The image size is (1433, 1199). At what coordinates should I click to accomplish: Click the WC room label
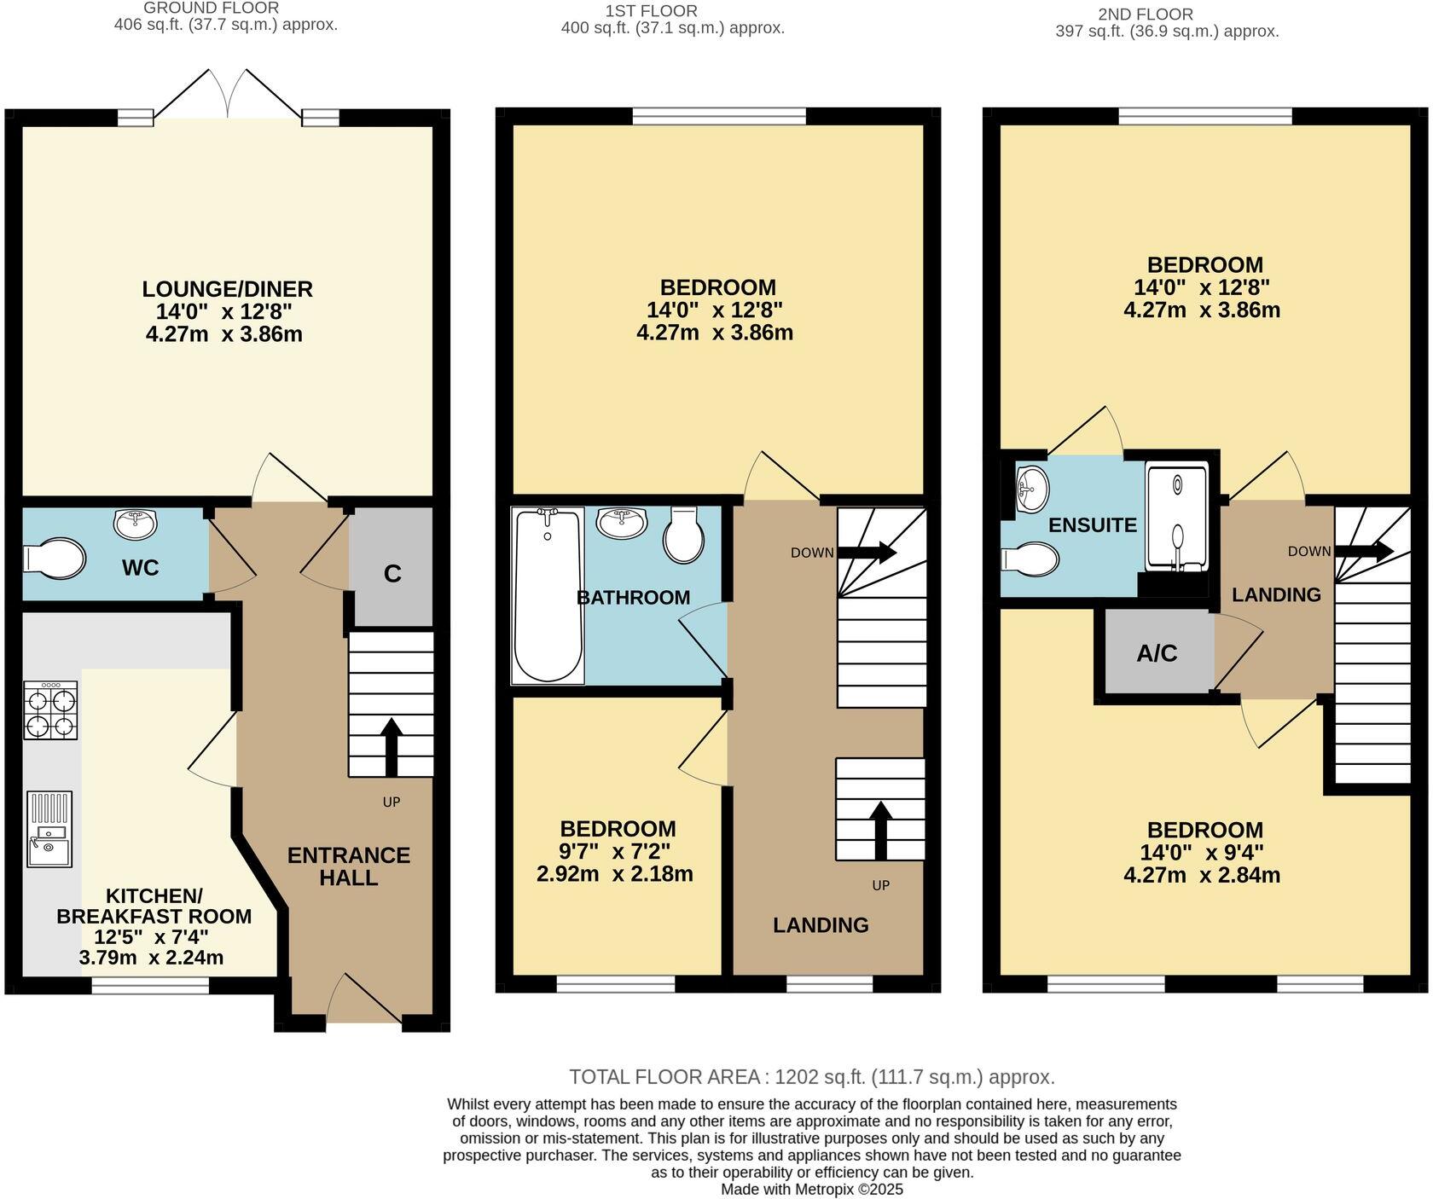tap(140, 568)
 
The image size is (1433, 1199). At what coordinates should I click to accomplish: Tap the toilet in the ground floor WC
tap(55, 559)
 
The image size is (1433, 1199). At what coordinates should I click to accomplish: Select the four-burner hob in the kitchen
tap(51, 710)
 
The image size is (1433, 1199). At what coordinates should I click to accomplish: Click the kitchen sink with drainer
tap(49, 829)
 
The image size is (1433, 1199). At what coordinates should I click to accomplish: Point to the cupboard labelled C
tap(392, 574)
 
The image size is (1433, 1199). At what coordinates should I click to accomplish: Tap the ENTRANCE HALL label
tap(348, 866)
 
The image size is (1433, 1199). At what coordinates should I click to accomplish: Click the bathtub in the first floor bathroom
tap(548, 595)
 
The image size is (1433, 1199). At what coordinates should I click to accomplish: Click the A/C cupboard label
tap(1157, 653)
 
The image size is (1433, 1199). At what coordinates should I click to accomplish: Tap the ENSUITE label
tap(1092, 525)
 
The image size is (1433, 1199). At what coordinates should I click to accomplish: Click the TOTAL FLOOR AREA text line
tap(812, 1076)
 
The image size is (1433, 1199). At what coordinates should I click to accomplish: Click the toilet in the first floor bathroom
tap(683, 537)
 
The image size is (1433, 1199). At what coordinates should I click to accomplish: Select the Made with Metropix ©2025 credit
tap(812, 1189)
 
